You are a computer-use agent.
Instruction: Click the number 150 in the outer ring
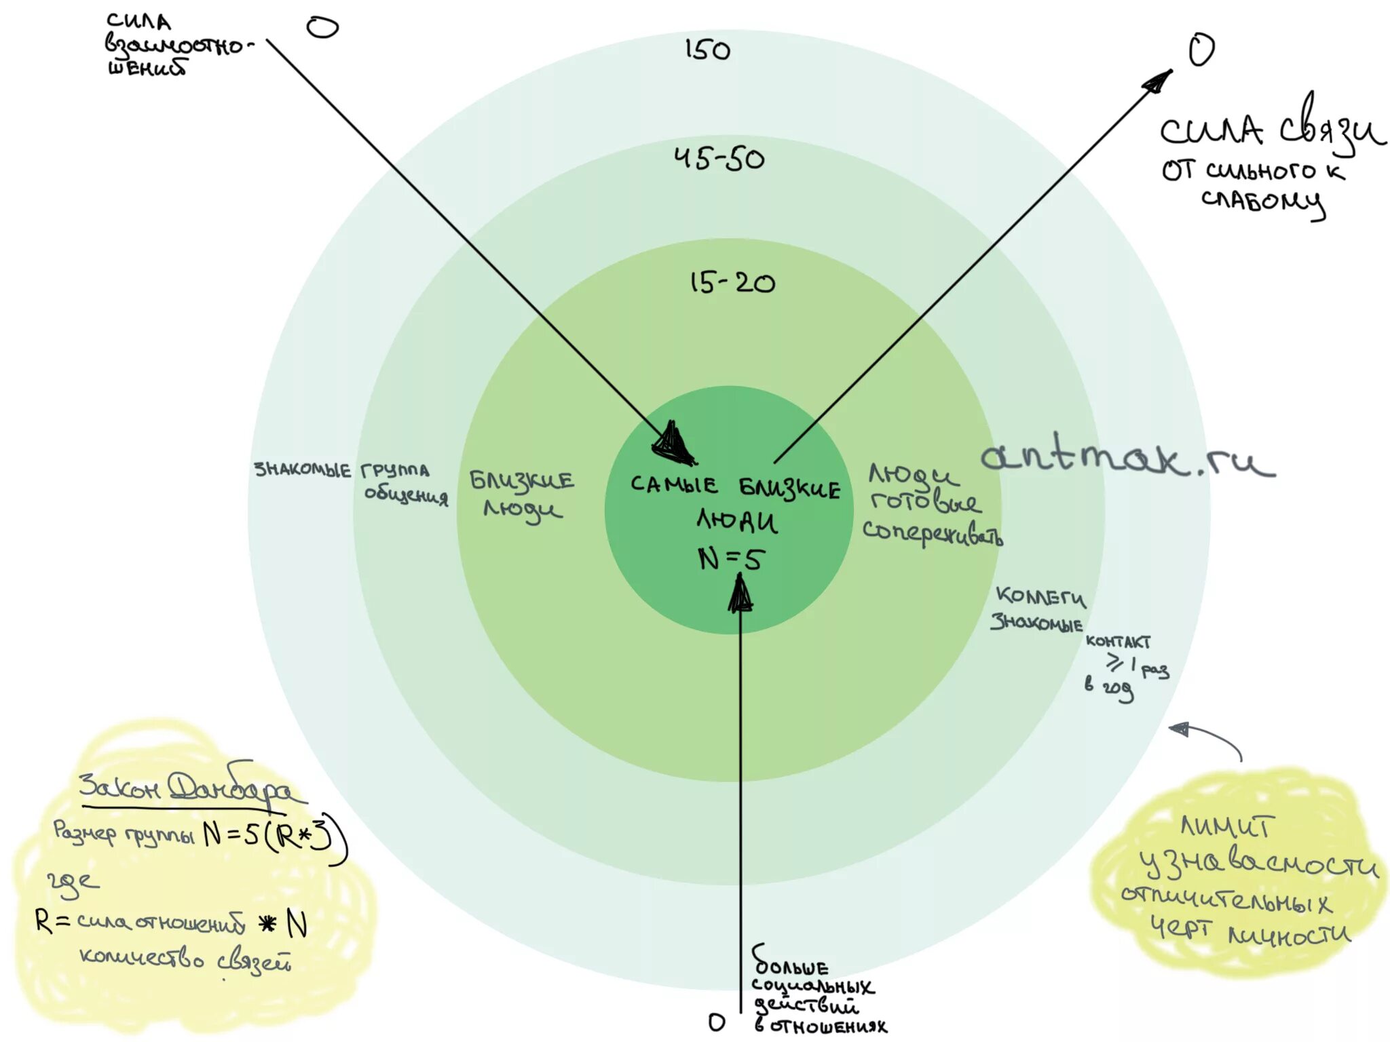click(x=707, y=50)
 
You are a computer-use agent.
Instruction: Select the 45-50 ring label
click(x=719, y=159)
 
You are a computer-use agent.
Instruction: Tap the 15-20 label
click(x=732, y=282)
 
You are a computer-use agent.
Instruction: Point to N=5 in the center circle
click(x=731, y=559)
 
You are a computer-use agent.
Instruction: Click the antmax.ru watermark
click(x=1127, y=457)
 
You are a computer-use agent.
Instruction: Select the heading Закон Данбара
click(x=187, y=789)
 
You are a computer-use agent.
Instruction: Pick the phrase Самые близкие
click(x=735, y=486)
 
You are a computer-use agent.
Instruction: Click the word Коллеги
click(x=1040, y=597)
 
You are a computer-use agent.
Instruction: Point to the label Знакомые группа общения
click(x=350, y=480)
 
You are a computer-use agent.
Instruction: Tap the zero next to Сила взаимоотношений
click(x=322, y=28)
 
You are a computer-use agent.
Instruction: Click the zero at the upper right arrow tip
click(x=1201, y=51)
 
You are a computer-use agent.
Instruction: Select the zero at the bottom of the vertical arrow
click(x=716, y=1022)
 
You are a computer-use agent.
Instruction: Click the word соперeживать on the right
click(x=931, y=533)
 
